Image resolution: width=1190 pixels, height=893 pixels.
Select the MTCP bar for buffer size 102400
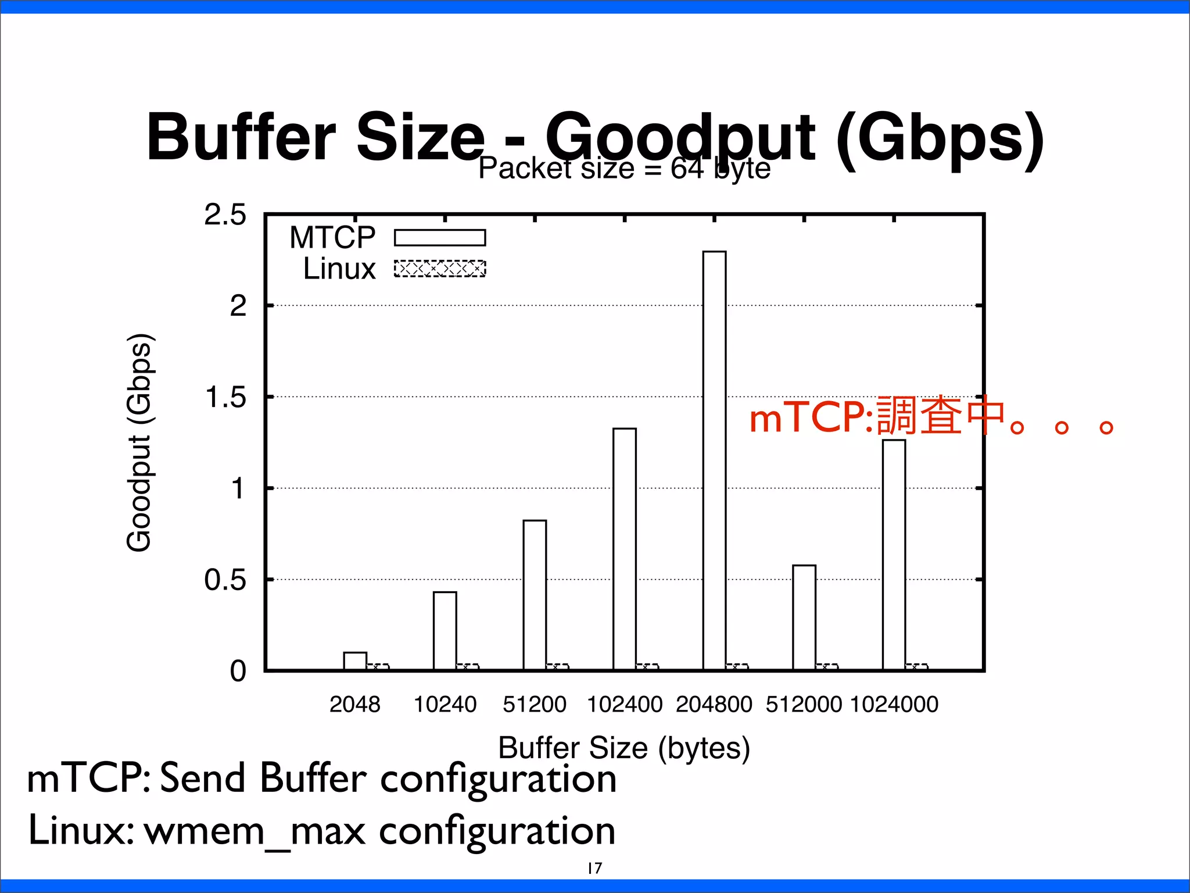(625, 549)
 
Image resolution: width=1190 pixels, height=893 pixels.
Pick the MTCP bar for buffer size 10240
(445, 631)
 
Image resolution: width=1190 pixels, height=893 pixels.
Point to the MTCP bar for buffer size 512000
(804, 617)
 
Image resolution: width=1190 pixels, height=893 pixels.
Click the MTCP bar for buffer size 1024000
(894, 555)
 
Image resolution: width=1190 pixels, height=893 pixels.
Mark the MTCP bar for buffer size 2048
(355, 661)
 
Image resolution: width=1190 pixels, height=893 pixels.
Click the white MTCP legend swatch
(440, 238)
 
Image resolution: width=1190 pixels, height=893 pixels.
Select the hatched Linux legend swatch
(440, 269)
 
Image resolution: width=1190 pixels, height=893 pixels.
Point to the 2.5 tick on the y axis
(225, 215)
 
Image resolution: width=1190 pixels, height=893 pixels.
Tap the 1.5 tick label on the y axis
(225, 398)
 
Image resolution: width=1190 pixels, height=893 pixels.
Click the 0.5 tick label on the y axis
(225, 580)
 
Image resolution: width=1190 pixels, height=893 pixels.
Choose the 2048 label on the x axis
(354, 704)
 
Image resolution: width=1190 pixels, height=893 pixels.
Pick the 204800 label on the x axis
(714, 704)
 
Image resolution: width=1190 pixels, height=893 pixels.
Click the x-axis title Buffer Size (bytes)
(624, 748)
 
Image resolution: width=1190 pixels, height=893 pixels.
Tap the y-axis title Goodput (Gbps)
(139, 442)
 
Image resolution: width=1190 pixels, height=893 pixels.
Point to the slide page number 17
(595, 868)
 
